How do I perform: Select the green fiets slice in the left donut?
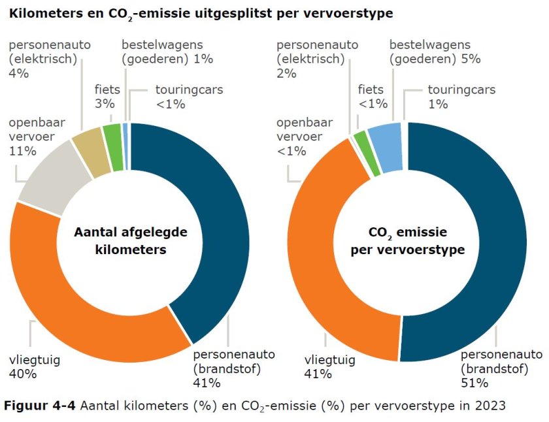112,138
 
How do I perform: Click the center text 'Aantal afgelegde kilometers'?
130,240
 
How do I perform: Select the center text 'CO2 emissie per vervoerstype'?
407,240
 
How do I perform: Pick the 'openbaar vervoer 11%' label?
33,137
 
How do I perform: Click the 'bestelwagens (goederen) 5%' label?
435,52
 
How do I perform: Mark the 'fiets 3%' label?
107,97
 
